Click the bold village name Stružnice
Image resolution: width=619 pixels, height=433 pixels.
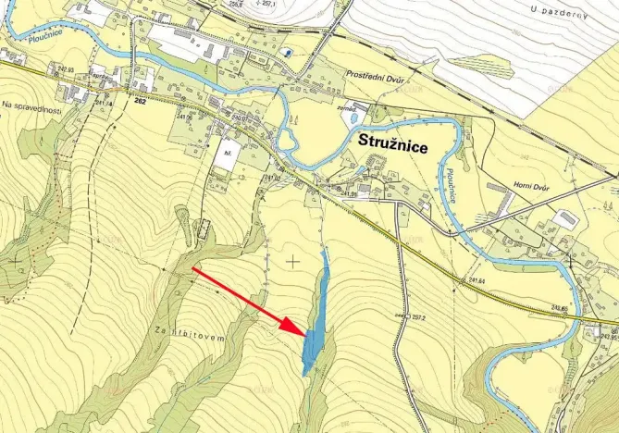[401, 143]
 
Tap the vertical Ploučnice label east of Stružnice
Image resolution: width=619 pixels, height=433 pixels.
[450, 186]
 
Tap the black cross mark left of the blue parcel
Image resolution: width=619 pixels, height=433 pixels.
[293, 262]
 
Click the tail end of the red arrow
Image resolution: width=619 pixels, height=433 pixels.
[192, 268]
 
